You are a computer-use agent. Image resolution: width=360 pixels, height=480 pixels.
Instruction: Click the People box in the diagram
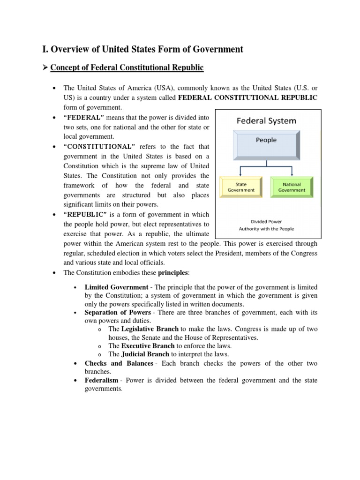click(x=266, y=140)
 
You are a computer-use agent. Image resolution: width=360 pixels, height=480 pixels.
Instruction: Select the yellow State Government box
click(x=241, y=187)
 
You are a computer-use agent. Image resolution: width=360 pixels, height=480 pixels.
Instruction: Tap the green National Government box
click(x=292, y=187)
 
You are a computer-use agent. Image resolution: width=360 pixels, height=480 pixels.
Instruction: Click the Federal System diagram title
click(x=266, y=121)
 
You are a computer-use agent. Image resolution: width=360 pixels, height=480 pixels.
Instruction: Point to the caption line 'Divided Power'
click(x=266, y=222)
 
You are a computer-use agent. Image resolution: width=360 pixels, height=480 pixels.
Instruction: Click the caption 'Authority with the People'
click(x=266, y=229)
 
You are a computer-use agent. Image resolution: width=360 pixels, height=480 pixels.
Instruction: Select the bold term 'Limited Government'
click(x=116, y=287)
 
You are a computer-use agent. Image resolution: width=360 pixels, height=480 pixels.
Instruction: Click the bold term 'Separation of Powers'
click(x=118, y=312)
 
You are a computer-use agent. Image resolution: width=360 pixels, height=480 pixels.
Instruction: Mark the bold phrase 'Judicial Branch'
click(x=145, y=354)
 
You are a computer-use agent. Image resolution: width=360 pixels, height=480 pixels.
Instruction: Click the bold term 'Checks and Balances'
click(x=119, y=363)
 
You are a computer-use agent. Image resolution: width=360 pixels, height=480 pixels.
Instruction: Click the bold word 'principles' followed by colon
click(x=172, y=272)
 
